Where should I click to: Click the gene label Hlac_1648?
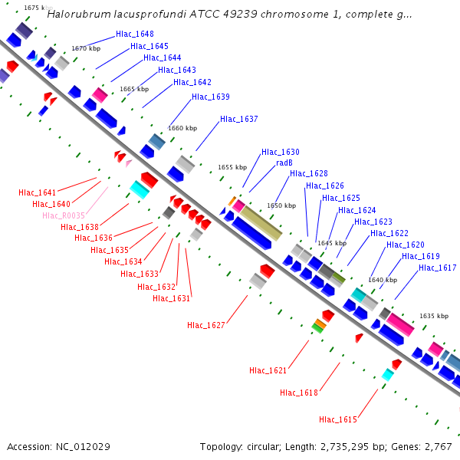pyautogui.click(x=134, y=34)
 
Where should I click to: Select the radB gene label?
pyautogui.click(x=284, y=163)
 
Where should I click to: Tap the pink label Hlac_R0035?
pyautogui.click(x=64, y=216)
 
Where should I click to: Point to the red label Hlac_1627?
pyautogui.click(x=206, y=326)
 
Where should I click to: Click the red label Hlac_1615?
pyautogui.click(x=338, y=419)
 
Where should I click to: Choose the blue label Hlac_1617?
pyautogui.click(x=438, y=268)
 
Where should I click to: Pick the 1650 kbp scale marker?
pyautogui.click(x=281, y=205)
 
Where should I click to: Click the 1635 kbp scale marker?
pyautogui.click(x=432, y=316)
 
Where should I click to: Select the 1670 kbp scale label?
pyautogui.click(x=86, y=48)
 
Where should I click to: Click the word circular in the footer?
pyautogui.click(x=266, y=446)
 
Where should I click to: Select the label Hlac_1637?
pyautogui.click(x=238, y=120)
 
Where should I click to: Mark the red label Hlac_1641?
pyautogui.click(x=38, y=192)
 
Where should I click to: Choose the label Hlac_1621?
pyautogui.click(x=268, y=371)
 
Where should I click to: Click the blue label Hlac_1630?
pyautogui.click(x=280, y=153)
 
